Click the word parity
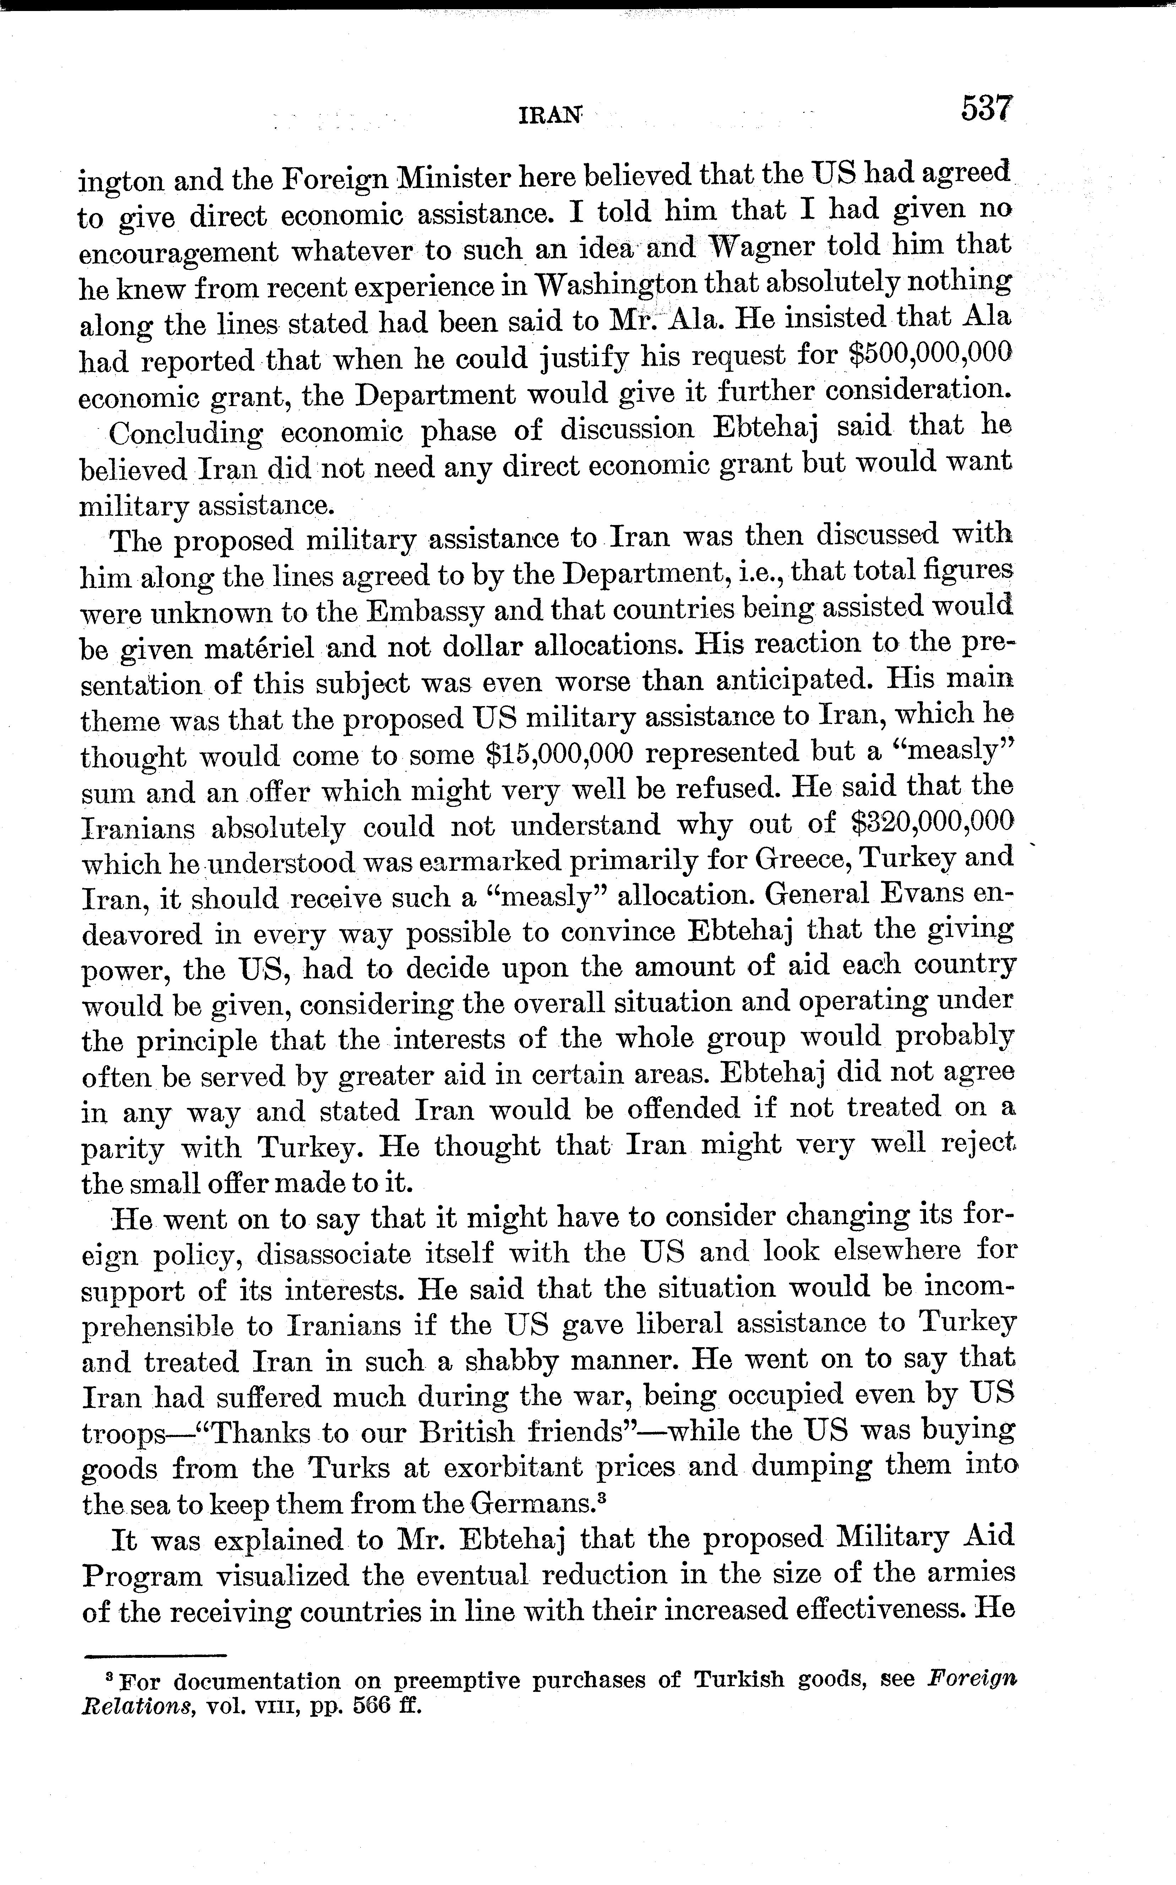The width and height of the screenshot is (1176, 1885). [122, 1149]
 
